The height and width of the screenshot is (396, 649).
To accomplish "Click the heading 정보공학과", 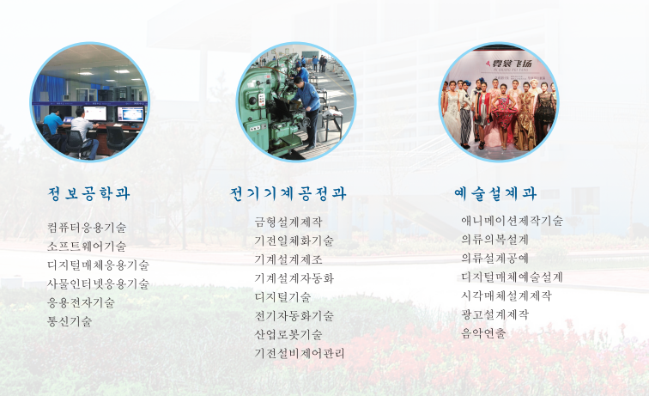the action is point(89,193).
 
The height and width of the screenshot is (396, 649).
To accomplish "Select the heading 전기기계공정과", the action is point(288,193).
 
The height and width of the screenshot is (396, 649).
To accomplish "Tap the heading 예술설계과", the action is point(495,193).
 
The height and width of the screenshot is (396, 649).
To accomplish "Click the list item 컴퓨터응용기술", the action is point(87,228).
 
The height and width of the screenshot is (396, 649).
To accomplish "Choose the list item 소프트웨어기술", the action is point(87,247).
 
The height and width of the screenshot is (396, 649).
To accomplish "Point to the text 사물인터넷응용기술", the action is point(98,283).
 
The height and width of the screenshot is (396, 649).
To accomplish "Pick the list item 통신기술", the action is point(70,321).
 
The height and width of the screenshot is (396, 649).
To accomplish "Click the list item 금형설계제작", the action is point(288,222).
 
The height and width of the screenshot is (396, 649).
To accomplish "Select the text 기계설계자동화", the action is point(294,278).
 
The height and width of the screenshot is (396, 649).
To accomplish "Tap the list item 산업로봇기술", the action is point(288,335).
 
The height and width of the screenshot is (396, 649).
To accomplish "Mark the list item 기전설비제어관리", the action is point(300,353).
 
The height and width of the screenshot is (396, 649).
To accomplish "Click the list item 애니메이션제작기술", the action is point(512,221).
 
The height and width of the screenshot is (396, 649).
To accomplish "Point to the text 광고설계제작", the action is point(495,314).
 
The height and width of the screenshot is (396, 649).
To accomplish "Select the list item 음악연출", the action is point(484,333).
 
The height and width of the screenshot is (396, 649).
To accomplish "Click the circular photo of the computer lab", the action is point(90,101).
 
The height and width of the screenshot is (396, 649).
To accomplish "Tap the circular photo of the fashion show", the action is point(498,101).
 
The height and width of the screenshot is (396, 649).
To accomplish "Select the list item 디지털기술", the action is point(282,297).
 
